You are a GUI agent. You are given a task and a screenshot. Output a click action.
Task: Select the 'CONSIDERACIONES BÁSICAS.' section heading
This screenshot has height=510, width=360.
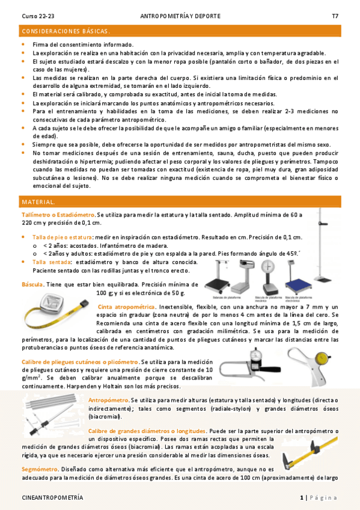[66, 31]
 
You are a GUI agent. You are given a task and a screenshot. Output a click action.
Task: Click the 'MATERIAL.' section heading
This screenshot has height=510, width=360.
[38, 202]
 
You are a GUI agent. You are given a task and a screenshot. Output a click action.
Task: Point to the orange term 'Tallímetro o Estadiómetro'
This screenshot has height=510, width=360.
[58, 214]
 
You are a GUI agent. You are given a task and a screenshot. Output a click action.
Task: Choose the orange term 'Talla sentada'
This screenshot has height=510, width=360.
[50, 262]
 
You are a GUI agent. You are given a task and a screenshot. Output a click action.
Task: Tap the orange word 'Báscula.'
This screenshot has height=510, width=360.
[32, 284]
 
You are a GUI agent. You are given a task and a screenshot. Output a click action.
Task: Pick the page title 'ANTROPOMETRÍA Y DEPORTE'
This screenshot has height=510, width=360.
[180, 16]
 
